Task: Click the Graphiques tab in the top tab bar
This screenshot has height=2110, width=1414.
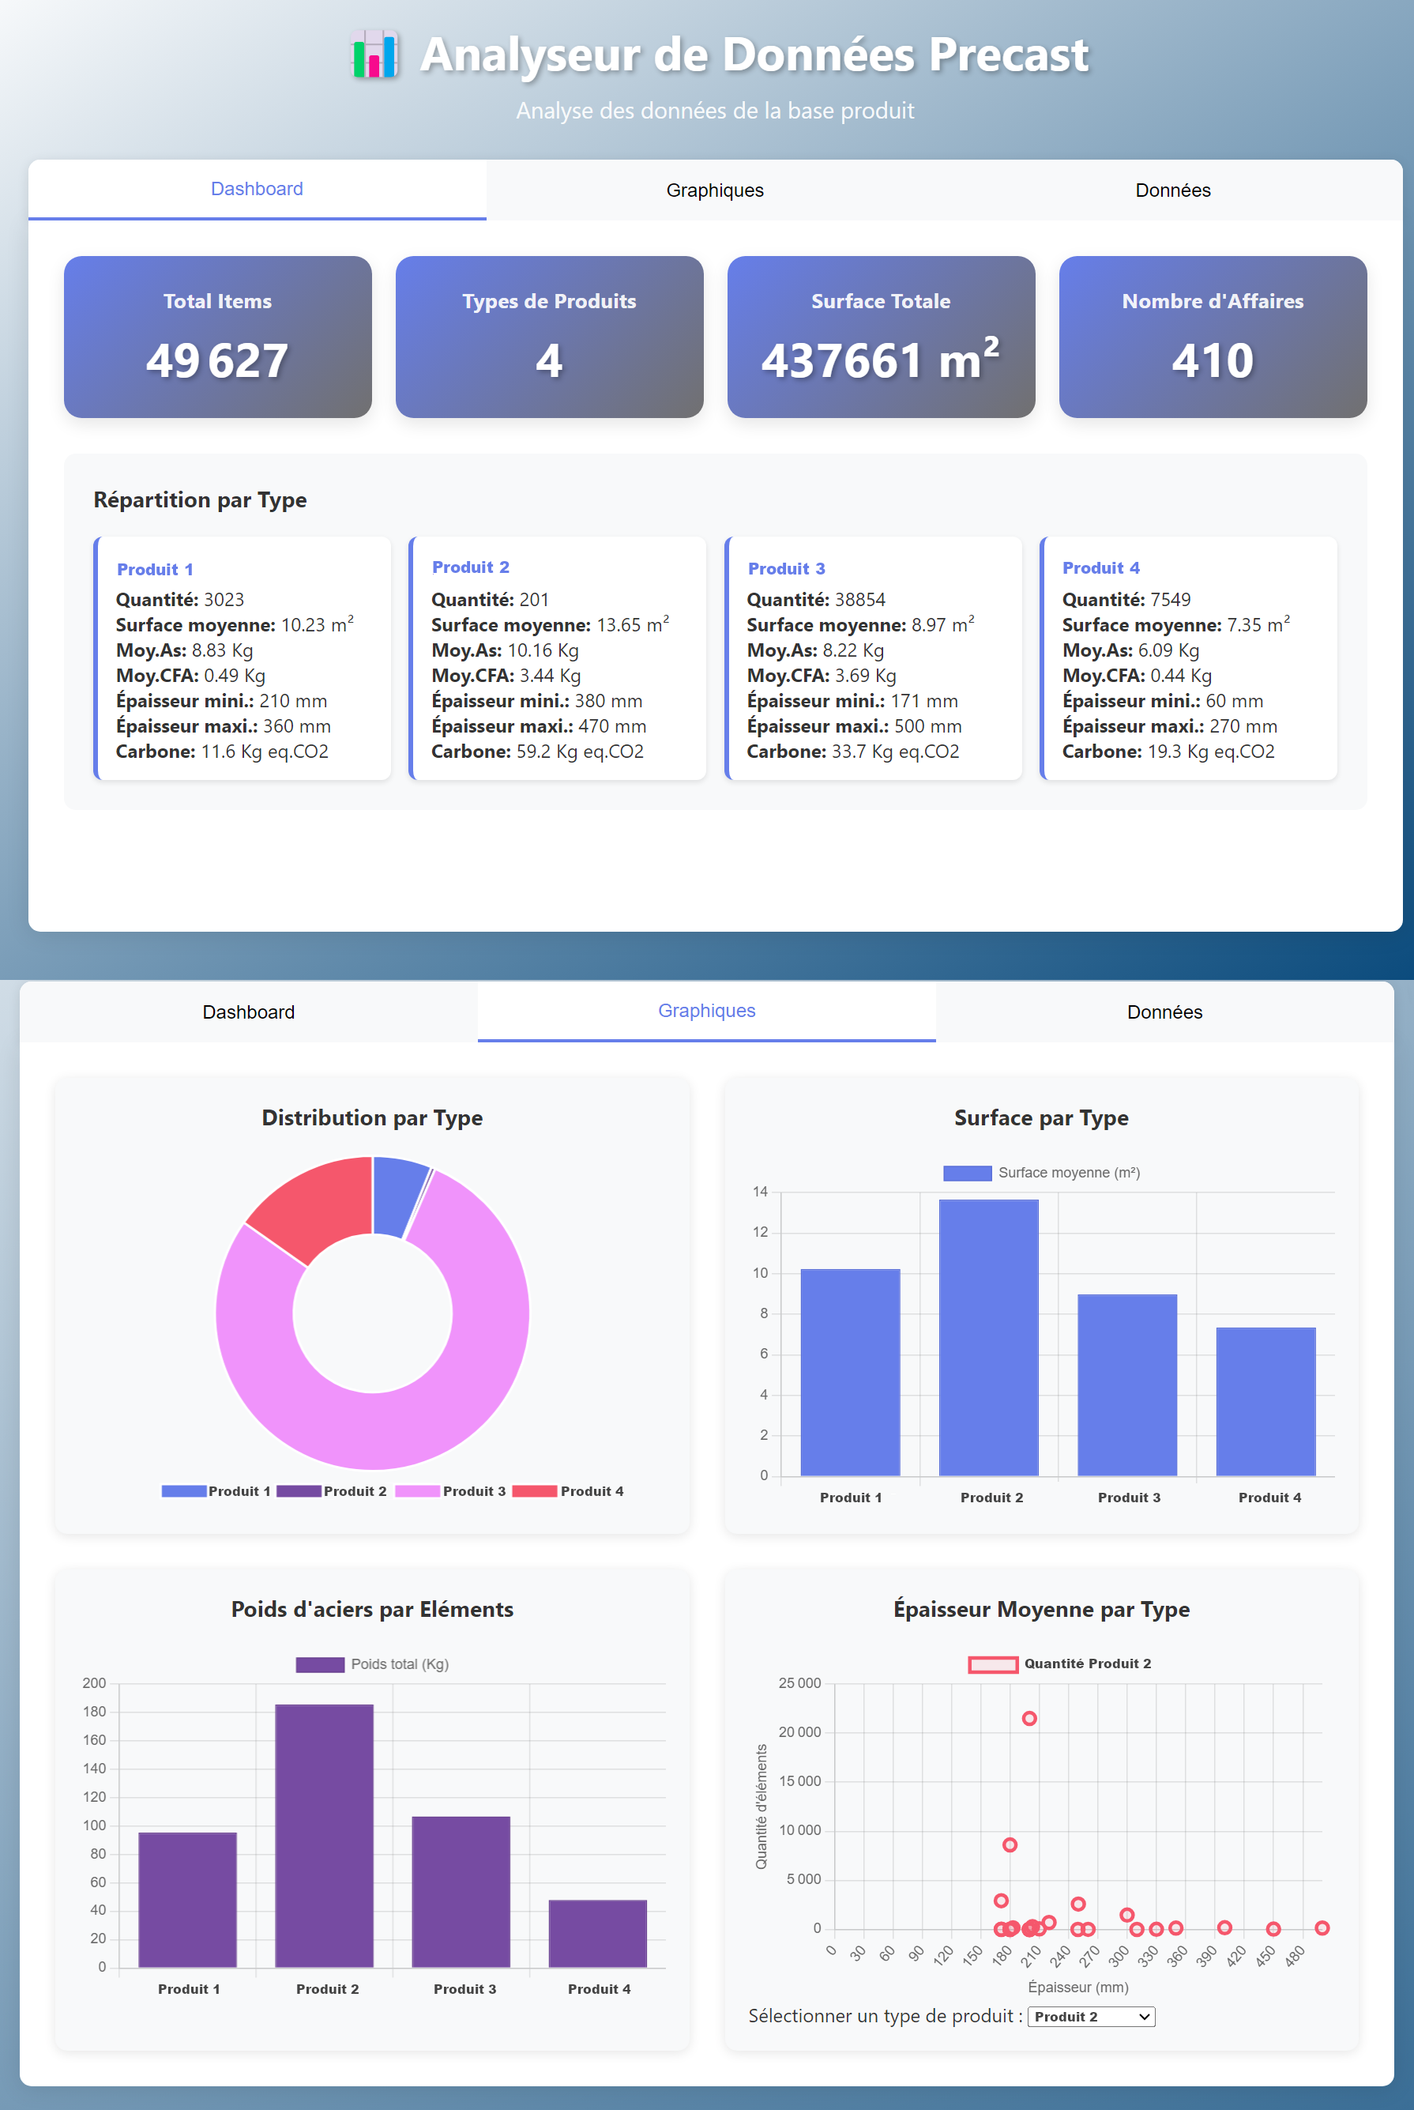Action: pyautogui.click(x=714, y=190)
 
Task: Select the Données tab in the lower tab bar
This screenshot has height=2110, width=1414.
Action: pyautogui.click(x=1164, y=1012)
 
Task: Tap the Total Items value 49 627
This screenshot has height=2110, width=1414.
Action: pyautogui.click(x=217, y=361)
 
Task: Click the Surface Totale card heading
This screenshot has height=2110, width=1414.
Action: pyautogui.click(x=880, y=301)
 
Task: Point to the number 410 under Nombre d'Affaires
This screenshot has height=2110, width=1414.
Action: pyautogui.click(x=1212, y=361)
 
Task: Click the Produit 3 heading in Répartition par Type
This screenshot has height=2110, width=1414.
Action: pyautogui.click(x=786, y=568)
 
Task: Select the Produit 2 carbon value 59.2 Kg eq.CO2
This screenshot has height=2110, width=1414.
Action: pyautogui.click(x=579, y=752)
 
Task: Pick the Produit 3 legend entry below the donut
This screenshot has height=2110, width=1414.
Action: pyautogui.click(x=451, y=1491)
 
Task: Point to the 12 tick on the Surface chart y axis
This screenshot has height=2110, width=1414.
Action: pyautogui.click(x=760, y=1232)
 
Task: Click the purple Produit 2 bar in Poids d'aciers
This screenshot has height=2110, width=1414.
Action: pyautogui.click(x=324, y=1835)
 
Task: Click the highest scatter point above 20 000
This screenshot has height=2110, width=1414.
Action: pyautogui.click(x=1029, y=1719)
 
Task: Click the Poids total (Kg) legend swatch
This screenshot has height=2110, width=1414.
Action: pyautogui.click(x=319, y=1664)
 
